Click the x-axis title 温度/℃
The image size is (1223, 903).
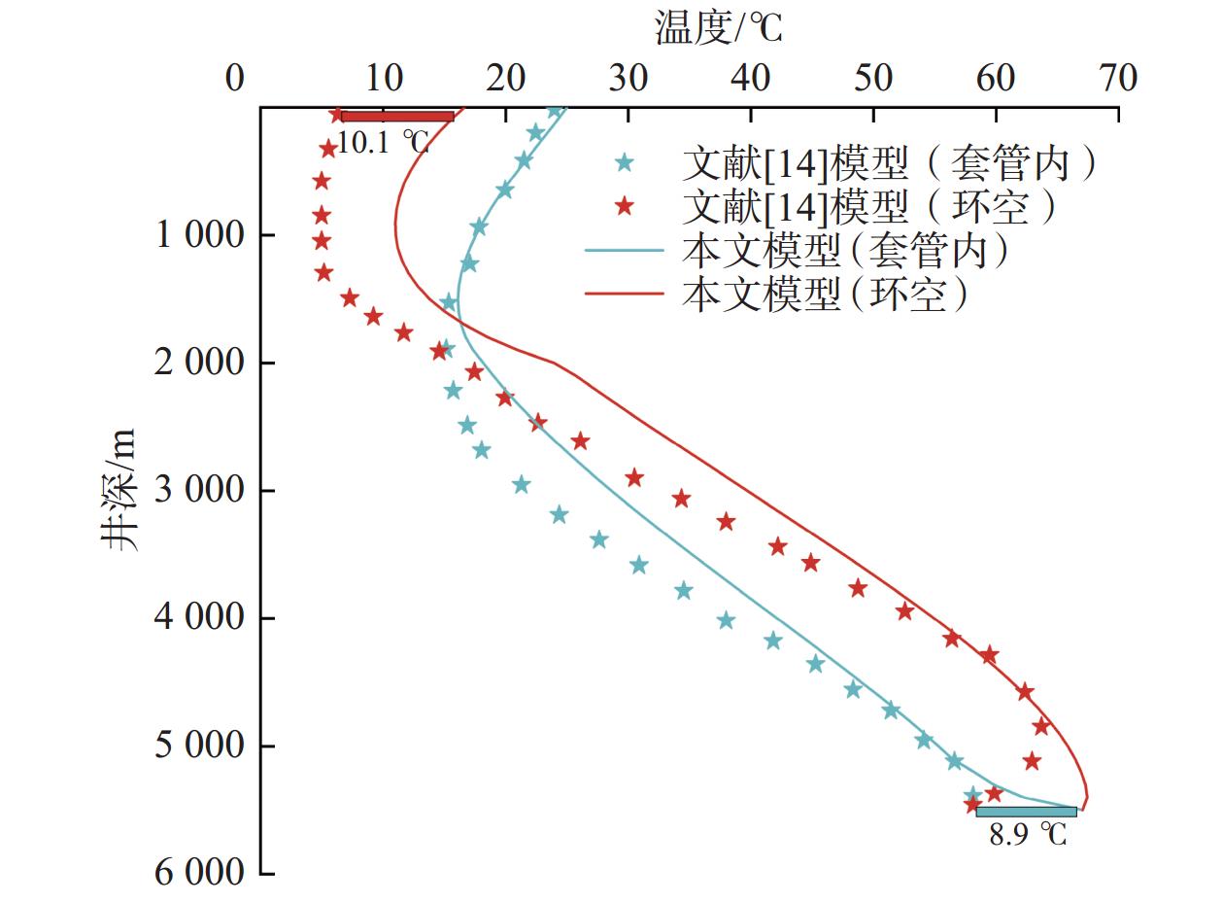coord(718,29)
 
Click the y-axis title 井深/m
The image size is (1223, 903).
coord(120,491)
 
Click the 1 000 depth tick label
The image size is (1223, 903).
coord(200,236)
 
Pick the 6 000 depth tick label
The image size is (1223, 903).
coord(200,873)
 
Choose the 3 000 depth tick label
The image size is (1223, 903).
coord(200,491)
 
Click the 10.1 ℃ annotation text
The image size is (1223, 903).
coord(384,143)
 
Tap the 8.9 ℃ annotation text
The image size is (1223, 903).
coord(1027,834)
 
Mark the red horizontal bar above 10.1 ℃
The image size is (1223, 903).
coord(396,117)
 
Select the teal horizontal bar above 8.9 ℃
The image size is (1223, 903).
coord(1026,812)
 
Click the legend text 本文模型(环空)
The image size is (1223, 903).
coord(827,294)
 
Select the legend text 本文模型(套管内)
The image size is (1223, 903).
coord(846,252)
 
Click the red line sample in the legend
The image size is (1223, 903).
coord(625,294)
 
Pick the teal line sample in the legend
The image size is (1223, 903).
coord(625,252)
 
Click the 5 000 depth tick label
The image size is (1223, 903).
coord(200,747)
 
